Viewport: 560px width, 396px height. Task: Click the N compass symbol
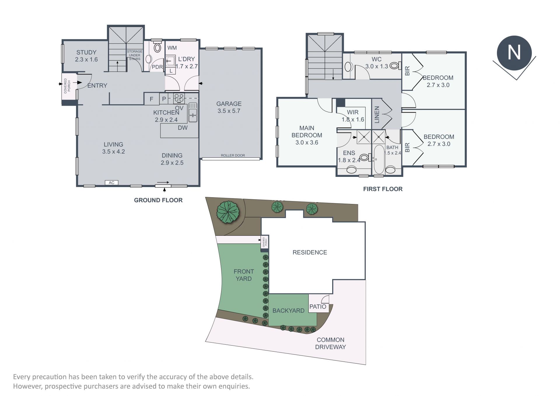[514, 53]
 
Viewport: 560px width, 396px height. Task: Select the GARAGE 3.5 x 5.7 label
[229, 107]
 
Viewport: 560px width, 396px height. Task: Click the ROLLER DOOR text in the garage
[233, 155]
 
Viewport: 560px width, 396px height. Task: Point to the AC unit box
[111, 183]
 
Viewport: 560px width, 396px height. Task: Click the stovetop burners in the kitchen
[179, 98]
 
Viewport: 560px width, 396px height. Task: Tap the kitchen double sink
[193, 112]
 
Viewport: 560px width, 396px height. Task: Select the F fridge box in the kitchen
[152, 99]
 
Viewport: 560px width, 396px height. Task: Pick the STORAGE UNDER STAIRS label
[134, 55]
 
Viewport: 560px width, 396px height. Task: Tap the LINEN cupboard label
[377, 115]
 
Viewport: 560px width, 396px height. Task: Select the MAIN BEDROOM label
[307, 135]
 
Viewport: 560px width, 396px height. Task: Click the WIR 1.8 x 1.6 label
[353, 116]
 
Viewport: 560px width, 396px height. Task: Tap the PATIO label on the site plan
[318, 306]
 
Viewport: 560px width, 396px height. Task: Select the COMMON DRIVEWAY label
[330, 343]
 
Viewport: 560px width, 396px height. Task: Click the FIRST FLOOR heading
[383, 189]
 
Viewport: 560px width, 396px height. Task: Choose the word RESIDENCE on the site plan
[310, 252]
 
